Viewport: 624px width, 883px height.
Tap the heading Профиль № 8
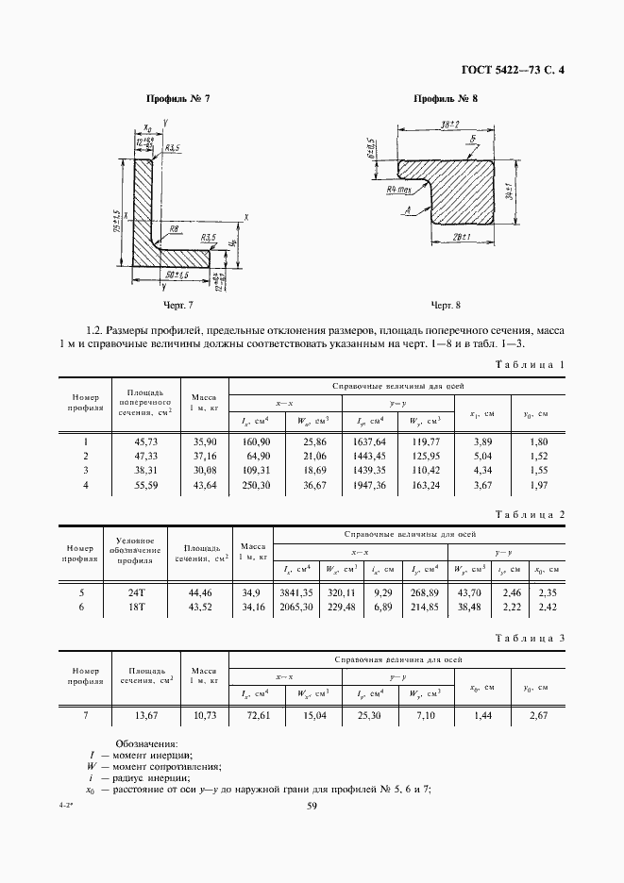pos(447,99)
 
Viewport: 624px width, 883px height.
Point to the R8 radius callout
pos(175,228)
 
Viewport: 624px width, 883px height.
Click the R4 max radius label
pos(400,190)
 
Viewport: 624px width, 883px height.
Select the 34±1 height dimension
pos(508,192)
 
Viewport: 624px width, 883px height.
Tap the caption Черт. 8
pos(446,305)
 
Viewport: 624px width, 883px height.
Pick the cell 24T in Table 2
pos(137,592)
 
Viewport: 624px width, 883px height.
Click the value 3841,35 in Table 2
pos(297,592)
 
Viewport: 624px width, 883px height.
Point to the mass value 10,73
pos(205,716)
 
